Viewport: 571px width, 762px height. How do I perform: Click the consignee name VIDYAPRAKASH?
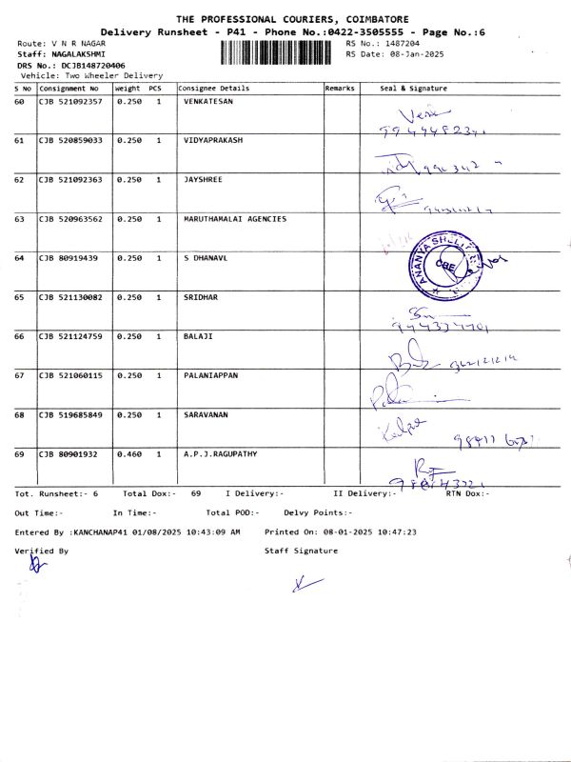pyautogui.click(x=213, y=140)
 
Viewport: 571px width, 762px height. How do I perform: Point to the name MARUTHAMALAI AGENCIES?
pyautogui.click(x=234, y=219)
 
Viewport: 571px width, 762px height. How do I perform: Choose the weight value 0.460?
pyautogui.click(x=128, y=454)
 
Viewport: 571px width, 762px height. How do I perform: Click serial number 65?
pyautogui.click(x=19, y=297)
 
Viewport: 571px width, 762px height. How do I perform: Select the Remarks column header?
pyautogui.click(x=340, y=88)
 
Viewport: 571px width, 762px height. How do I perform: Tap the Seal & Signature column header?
pyautogui.click(x=413, y=88)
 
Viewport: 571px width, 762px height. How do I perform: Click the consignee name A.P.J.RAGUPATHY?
pyautogui.click(x=220, y=454)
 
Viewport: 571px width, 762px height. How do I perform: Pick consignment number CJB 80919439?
pyautogui.click(x=68, y=258)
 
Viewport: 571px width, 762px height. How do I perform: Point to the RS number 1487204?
pyautogui.click(x=398, y=44)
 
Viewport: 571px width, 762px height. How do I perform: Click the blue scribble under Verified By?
pyautogui.click(x=37, y=566)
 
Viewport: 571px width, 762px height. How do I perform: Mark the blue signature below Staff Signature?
pyautogui.click(x=303, y=584)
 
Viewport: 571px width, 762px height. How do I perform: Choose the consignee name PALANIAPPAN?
pyautogui.click(x=210, y=375)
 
